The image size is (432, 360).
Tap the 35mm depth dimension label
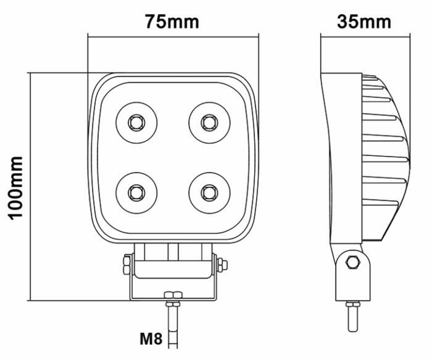(x=364, y=22)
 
